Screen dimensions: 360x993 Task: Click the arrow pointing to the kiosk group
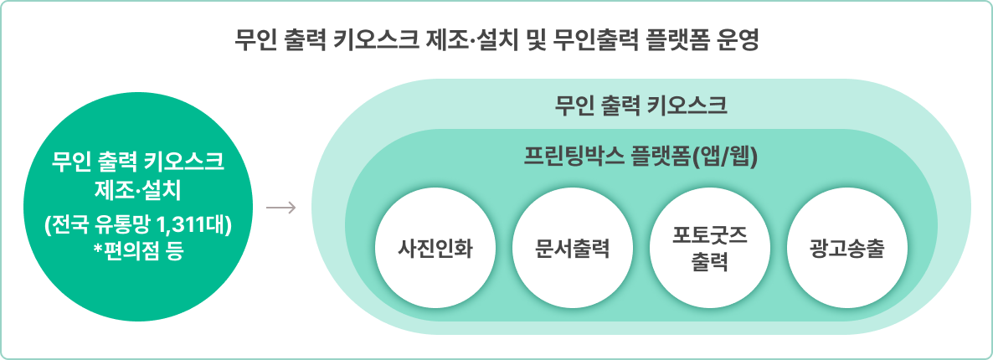point(281,207)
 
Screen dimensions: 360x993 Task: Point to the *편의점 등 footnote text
point(138,249)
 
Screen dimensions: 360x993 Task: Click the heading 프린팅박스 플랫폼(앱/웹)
point(641,157)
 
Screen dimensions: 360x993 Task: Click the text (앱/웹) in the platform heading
point(727,157)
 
